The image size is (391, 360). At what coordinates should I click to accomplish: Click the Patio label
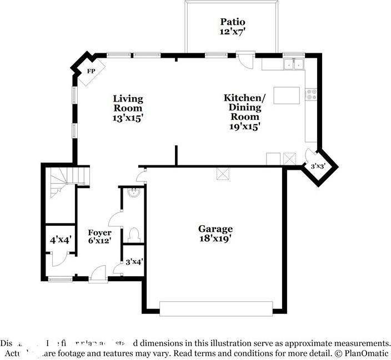pyautogui.click(x=232, y=22)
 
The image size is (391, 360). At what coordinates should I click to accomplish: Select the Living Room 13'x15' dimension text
pyautogui.click(x=128, y=118)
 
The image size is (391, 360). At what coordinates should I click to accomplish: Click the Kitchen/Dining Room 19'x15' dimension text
pyautogui.click(x=244, y=126)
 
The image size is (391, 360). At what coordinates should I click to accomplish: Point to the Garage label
pyautogui.click(x=215, y=229)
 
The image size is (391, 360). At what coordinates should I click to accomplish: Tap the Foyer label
pyautogui.click(x=100, y=232)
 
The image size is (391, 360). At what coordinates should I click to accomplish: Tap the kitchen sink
pyautogui.click(x=292, y=64)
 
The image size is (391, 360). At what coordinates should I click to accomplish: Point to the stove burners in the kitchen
pyautogui.click(x=312, y=94)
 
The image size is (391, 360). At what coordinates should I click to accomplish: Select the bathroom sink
pyautogui.click(x=133, y=193)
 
